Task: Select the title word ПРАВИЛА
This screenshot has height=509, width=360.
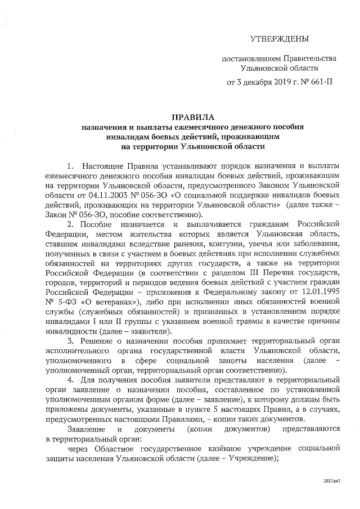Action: pyautogui.click(x=192, y=117)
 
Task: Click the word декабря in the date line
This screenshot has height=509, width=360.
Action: pyautogui.click(x=248, y=82)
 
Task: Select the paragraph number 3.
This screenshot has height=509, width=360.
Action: pyautogui.click(x=70, y=341)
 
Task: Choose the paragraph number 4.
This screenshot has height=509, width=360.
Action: pyautogui.click(x=70, y=380)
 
